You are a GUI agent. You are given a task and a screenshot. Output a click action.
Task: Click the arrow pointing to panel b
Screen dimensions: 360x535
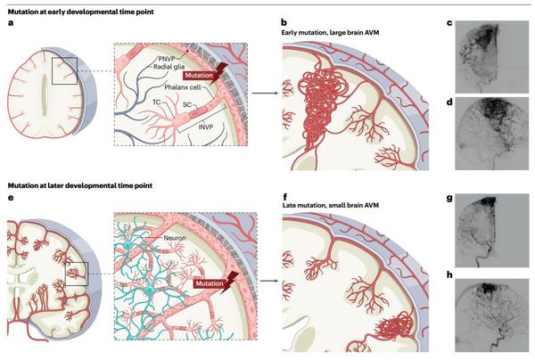click(x=261, y=92)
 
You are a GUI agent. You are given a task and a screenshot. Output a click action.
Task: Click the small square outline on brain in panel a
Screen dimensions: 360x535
click(x=68, y=70)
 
